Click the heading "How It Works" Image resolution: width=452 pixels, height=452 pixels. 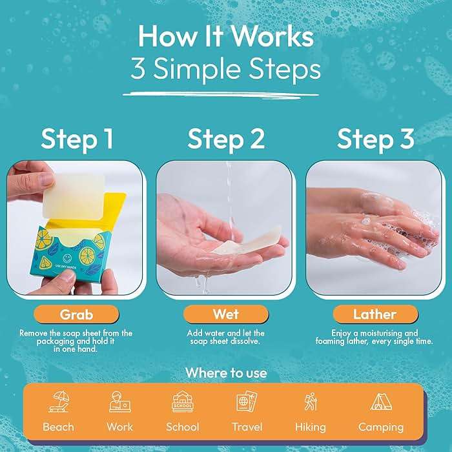coord(225,37)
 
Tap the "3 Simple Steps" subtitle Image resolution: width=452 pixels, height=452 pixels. coord(225,70)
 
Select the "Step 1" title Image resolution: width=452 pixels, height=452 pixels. coord(77,139)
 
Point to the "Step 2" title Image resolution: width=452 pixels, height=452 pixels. coord(226,139)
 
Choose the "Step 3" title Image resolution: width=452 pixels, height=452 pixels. coord(375,139)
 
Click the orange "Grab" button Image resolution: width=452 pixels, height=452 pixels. coord(77,314)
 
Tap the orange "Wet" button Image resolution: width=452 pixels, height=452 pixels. coord(225,314)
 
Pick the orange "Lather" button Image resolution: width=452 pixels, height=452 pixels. coord(375,314)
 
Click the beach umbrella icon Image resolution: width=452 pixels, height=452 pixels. coord(58,402)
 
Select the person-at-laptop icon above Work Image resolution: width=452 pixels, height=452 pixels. coord(119,402)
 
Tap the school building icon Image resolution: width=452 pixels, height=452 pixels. coord(183,402)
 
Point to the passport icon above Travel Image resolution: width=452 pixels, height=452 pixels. coord(247,402)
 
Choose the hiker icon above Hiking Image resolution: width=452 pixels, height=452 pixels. coord(311,402)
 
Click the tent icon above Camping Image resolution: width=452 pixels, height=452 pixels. coord(380,402)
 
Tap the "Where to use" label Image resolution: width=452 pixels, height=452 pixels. coord(225,373)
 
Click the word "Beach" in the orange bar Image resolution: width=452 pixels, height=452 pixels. coord(58,427)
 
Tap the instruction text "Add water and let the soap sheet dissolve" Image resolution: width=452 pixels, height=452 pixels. coord(225,337)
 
